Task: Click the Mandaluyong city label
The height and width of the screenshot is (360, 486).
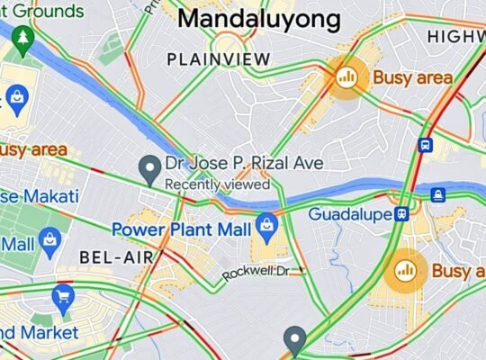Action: (x=259, y=20)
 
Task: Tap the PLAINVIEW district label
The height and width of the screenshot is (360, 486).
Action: (x=219, y=58)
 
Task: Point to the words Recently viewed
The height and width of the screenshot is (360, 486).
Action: (x=217, y=184)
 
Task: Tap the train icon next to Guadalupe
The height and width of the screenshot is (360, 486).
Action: (x=403, y=214)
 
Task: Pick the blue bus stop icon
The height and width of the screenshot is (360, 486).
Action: (x=426, y=145)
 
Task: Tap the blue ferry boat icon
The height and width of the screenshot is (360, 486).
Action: (x=437, y=193)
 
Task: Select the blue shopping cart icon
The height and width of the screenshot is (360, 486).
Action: (x=63, y=296)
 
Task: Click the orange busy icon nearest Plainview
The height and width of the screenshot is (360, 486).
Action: (x=346, y=77)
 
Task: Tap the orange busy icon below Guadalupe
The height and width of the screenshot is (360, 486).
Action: (x=406, y=269)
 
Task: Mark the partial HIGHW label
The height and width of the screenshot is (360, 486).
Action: (x=455, y=36)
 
